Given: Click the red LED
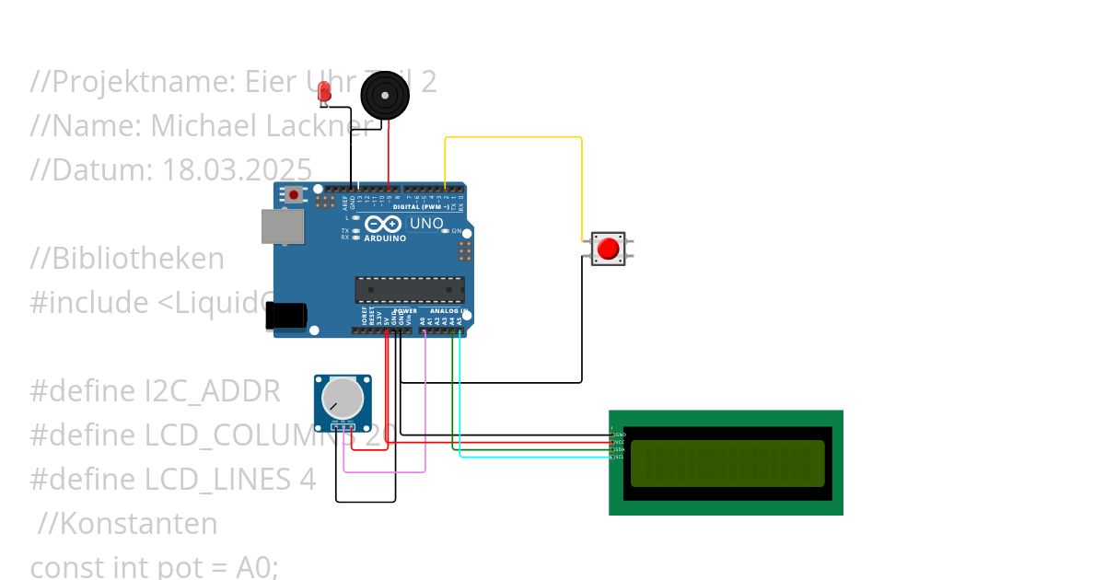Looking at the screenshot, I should point(323,90).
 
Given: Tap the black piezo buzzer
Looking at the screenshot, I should point(383,95).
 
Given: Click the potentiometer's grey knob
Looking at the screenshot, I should point(342,397).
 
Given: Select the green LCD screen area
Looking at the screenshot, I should point(727,463).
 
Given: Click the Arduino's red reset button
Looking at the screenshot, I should point(294,194).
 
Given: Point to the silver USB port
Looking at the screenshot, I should point(281,226).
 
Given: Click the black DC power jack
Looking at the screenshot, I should point(285,316).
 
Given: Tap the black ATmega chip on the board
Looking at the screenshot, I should point(409,289).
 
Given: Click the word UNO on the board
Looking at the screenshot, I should point(425,224).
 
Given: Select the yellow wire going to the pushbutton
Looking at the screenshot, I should point(513,138).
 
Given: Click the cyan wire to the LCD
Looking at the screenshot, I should point(534,456).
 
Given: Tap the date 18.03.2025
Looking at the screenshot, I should point(237,169).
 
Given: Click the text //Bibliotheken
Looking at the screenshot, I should point(127,259).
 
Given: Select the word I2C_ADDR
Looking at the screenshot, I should point(213,391).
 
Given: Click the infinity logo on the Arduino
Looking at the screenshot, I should point(382,224).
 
